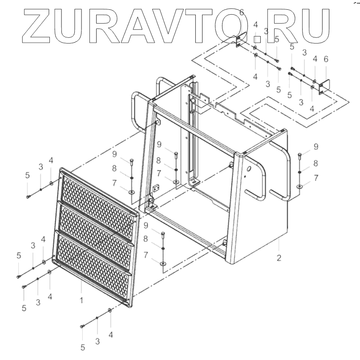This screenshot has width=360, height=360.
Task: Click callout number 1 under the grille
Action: coord(81,301)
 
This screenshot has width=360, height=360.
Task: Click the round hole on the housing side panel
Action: coord(248,170)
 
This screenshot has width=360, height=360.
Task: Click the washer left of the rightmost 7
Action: coord(300,186)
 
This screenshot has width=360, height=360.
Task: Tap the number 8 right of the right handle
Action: coord(316,163)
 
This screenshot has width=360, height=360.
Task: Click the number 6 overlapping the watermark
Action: coord(242,12)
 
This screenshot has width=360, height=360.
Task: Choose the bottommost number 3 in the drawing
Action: coord(97,341)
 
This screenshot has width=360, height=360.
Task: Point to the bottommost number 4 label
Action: coord(110,335)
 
